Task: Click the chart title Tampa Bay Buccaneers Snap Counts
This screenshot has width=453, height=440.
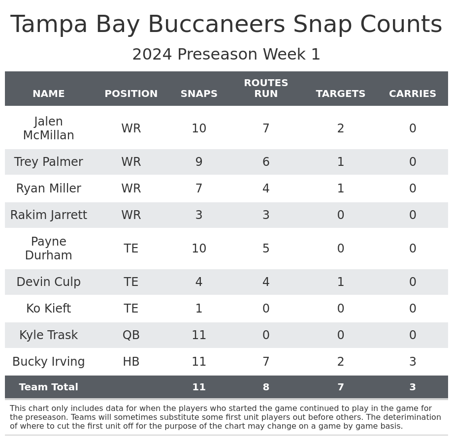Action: pyautogui.click(x=226, y=25)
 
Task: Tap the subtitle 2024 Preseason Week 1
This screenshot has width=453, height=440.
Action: pyautogui.click(x=226, y=55)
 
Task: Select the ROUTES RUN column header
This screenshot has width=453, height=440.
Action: pyautogui.click(x=266, y=89)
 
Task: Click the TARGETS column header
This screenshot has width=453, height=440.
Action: pyautogui.click(x=340, y=94)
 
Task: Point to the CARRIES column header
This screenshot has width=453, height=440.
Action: pyautogui.click(x=412, y=94)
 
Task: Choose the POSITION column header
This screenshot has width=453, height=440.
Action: pyautogui.click(x=131, y=94)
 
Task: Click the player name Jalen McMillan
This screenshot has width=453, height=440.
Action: pyautogui.click(x=48, y=128)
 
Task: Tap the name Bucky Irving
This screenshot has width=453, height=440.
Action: pyautogui.click(x=48, y=362)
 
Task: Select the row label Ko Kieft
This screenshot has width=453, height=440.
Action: pyautogui.click(x=48, y=309)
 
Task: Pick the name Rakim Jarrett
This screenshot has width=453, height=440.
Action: pyautogui.click(x=48, y=215)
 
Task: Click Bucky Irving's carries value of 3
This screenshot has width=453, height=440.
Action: pyautogui.click(x=412, y=362)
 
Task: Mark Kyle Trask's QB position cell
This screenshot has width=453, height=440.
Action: pyautogui.click(x=131, y=335)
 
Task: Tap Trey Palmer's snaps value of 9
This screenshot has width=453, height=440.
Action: pyautogui.click(x=199, y=162)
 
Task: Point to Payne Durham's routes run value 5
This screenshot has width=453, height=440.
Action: pyautogui.click(x=266, y=249)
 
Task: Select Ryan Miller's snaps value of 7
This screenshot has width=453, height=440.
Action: pyautogui.click(x=199, y=189)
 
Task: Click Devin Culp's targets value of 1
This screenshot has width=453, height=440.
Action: pyautogui.click(x=340, y=282)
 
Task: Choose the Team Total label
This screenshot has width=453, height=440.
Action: pyautogui.click(x=48, y=387)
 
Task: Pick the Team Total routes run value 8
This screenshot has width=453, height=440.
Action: pyautogui.click(x=266, y=387)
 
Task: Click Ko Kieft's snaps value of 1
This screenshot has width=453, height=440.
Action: pyautogui.click(x=199, y=309)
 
